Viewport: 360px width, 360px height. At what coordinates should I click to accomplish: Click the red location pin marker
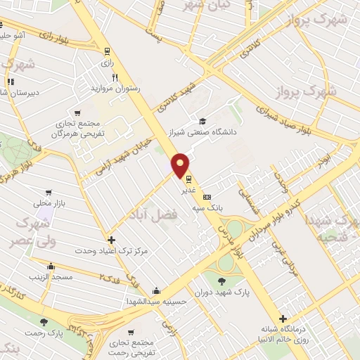pos(181,165)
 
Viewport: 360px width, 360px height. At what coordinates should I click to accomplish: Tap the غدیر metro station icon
pos(188,179)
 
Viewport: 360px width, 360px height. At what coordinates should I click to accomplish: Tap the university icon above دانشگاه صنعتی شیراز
pos(202,120)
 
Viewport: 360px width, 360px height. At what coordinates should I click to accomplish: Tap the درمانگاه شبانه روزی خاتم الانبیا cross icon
pos(283,320)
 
